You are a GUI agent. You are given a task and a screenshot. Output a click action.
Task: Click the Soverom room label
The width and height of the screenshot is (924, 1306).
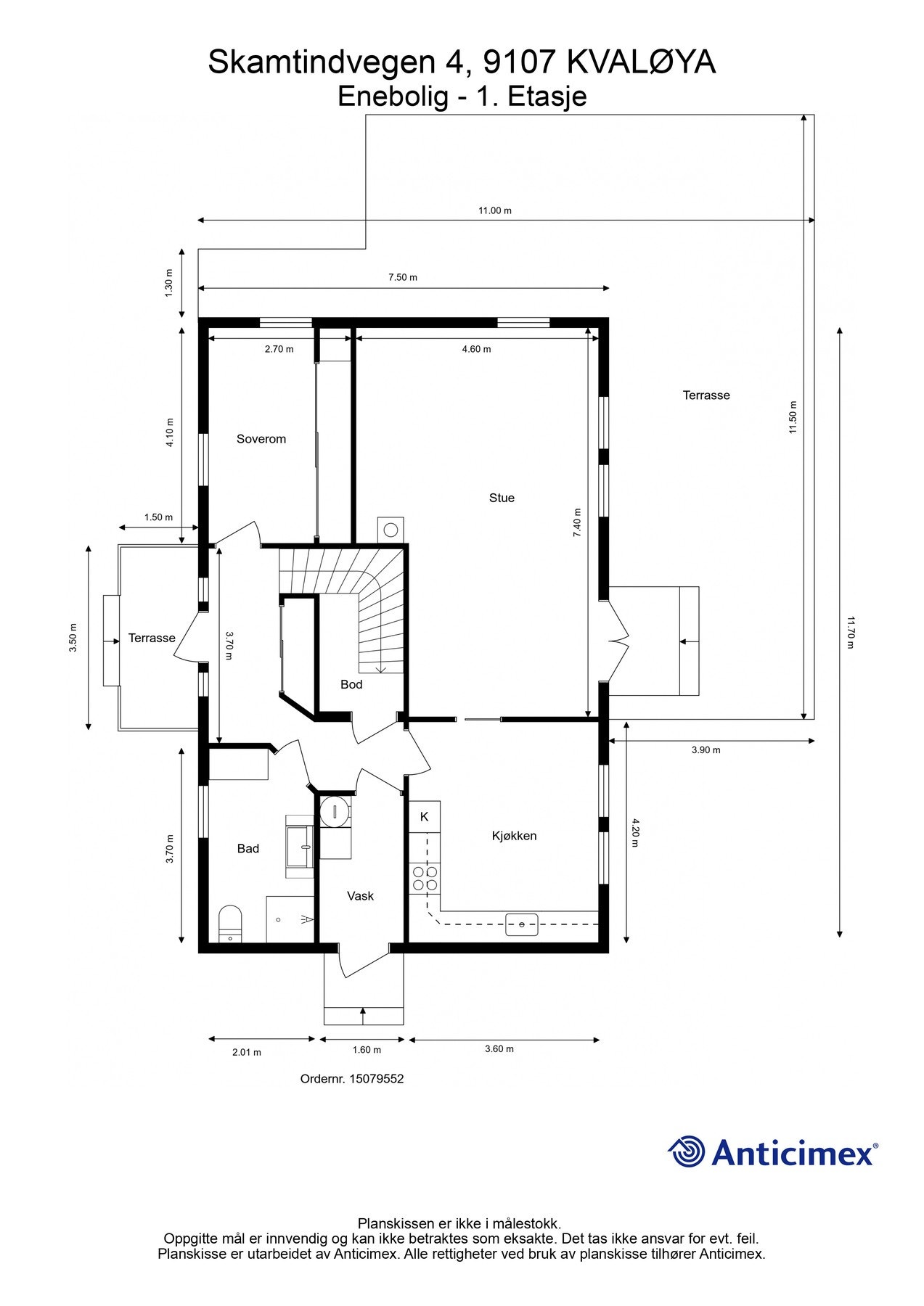(261, 439)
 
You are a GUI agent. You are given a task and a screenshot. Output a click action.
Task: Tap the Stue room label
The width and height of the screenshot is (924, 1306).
(502, 498)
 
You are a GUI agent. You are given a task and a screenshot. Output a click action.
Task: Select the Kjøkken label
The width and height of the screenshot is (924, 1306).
(514, 836)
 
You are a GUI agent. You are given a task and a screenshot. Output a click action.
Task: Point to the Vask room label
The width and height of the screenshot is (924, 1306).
(360, 896)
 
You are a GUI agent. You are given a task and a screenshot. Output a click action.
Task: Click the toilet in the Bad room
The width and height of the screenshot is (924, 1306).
(230, 924)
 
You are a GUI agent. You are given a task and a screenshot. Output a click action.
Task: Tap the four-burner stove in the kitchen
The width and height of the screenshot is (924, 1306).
(425, 878)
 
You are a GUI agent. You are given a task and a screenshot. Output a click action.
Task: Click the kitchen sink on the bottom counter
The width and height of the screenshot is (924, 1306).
(522, 924)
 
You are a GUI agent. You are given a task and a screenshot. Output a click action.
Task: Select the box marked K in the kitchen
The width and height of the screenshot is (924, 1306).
(425, 817)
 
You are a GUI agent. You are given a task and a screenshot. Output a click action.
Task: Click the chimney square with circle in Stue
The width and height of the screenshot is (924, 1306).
(391, 529)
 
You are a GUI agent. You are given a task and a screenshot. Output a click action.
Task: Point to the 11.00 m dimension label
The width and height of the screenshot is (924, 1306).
(494, 210)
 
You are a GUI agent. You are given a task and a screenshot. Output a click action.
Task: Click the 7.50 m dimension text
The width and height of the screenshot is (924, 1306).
(402, 277)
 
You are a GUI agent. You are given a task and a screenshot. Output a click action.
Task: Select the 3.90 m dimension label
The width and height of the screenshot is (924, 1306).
(706, 750)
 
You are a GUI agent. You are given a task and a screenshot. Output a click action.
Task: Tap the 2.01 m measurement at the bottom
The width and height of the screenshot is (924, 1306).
(246, 1052)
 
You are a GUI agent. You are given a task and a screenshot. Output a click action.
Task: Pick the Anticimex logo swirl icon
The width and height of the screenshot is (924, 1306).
(687, 1151)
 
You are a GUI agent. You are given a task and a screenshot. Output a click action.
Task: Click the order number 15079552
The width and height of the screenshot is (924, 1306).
(376, 1079)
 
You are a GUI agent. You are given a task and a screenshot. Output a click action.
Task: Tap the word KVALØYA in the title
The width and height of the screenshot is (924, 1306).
(641, 62)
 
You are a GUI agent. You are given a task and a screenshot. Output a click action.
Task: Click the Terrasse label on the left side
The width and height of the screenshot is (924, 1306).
(152, 638)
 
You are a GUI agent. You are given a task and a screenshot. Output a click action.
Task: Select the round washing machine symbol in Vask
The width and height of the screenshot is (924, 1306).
(335, 811)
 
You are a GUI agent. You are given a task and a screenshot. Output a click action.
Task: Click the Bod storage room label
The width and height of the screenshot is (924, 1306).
(351, 684)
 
